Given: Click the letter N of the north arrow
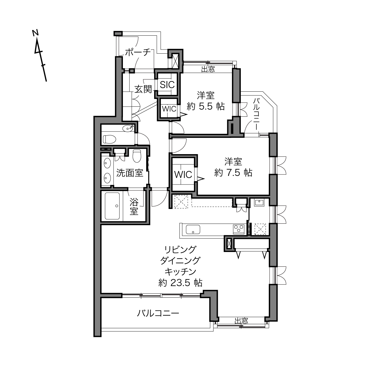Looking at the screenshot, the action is (35, 33).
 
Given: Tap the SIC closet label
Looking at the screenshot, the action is (167, 85).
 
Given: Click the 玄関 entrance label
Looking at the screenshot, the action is (143, 89).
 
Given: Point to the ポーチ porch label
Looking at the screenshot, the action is (138, 52).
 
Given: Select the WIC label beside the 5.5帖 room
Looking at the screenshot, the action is (169, 109).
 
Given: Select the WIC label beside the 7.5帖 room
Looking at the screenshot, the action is (183, 174).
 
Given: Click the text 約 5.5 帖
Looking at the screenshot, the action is (206, 106).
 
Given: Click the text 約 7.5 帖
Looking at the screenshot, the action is (233, 172).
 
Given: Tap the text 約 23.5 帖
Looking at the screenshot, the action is (180, 282).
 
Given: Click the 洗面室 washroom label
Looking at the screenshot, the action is (130, 173).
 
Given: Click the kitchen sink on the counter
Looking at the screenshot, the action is (193, 229).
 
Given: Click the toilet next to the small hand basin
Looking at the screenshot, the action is (109, 139).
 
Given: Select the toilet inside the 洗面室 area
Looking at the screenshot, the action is (137, 156).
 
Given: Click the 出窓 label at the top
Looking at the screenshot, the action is (208, 69).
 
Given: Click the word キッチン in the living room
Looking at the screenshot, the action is (180, 271).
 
